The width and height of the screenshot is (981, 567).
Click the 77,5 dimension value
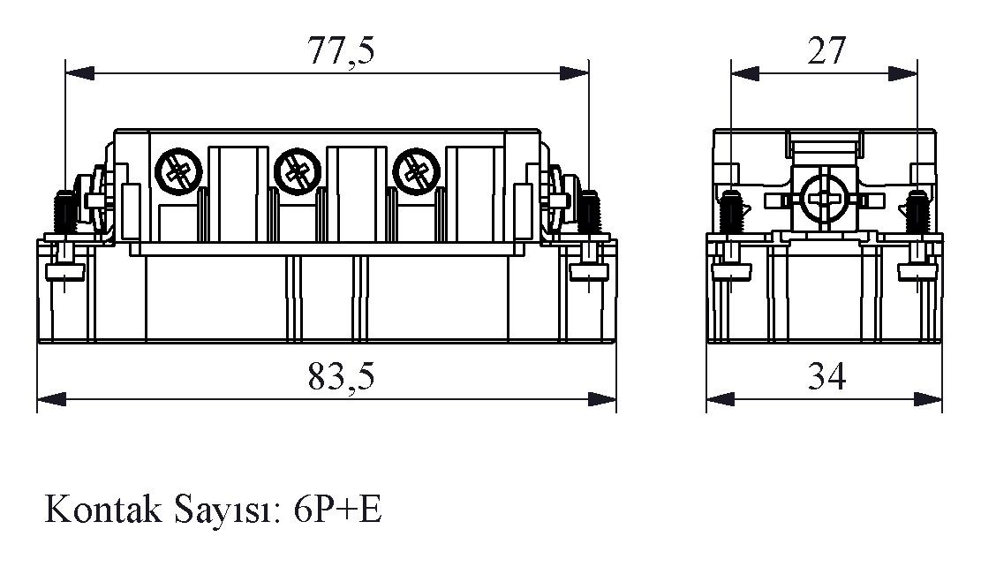[341, 51]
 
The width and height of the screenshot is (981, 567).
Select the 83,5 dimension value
[341, 377]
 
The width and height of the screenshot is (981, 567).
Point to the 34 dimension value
[826, 377]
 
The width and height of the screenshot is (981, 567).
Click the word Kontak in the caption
[101, 510]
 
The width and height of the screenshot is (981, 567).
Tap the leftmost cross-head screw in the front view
[179, 169]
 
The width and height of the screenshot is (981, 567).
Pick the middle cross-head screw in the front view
[298, 169]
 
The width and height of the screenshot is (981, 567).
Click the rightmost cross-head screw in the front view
[416, 169]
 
